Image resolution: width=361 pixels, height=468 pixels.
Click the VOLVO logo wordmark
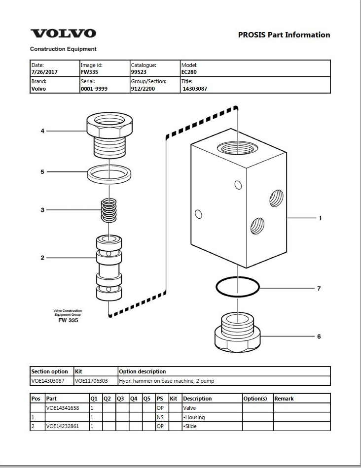63,33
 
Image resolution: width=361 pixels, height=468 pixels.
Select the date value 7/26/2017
44,72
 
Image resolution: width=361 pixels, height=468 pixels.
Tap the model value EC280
189,72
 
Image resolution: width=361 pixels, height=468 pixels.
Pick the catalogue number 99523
139,72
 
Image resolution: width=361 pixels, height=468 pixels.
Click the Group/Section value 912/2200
143,89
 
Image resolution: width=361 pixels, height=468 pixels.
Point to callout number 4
42,131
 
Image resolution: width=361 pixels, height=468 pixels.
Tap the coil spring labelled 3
109,210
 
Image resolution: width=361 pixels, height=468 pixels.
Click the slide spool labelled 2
109,267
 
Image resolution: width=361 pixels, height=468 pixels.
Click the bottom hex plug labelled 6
238,333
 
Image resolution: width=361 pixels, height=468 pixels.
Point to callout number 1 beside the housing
320,218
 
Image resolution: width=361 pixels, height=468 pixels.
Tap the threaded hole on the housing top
238,148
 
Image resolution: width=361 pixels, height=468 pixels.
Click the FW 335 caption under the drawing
68,320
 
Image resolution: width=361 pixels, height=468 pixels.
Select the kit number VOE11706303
91,381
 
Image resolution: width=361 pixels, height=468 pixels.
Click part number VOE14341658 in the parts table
63,408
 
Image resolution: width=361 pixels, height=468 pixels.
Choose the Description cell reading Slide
190,426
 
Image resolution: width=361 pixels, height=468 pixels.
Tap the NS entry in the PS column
160,417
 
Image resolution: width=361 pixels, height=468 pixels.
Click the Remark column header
284,399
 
